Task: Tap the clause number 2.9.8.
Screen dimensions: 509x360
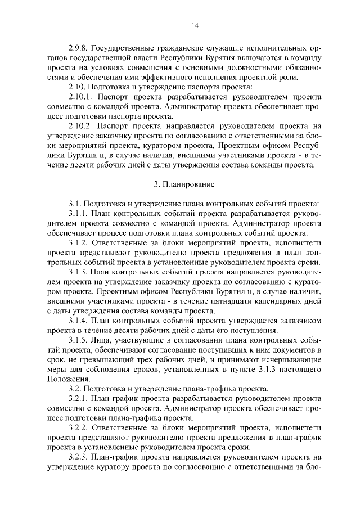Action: (78, 47)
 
